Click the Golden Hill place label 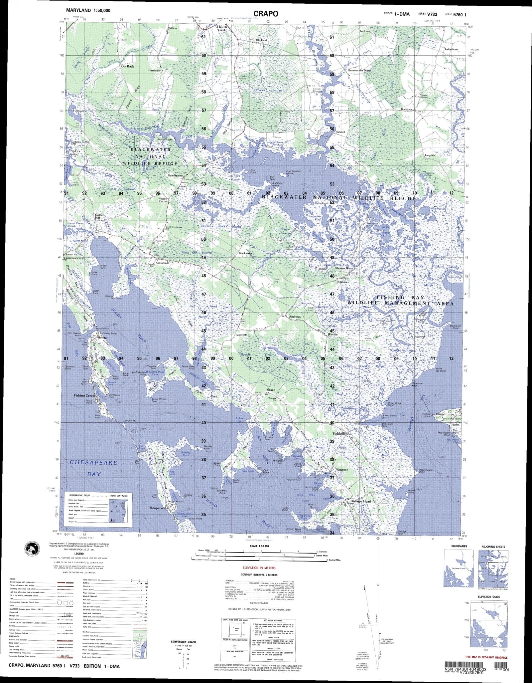(x=100, y=216)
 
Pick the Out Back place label (x=128, y=66)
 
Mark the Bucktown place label (x=406, y=110)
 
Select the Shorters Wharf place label (x=344, y=268)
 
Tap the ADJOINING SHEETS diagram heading (x=493, y=547)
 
